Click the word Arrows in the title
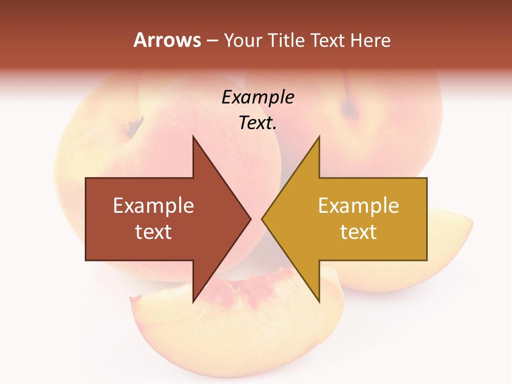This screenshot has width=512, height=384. click(167, 40)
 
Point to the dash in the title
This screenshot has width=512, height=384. click(212, 41)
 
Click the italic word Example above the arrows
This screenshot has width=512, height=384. click(258, 98)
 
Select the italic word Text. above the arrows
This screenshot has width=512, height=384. click(258, 123)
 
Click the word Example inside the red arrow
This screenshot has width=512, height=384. click(154, 206)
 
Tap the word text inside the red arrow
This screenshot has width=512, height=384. click(154, 231)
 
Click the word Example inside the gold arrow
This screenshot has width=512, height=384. click(358, 206)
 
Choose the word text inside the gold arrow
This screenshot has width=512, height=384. click(358, 231)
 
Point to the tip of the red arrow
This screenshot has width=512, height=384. click(250, 219)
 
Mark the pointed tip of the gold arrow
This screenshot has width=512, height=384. click(263, 219)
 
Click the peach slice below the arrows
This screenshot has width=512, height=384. click(235, 331)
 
